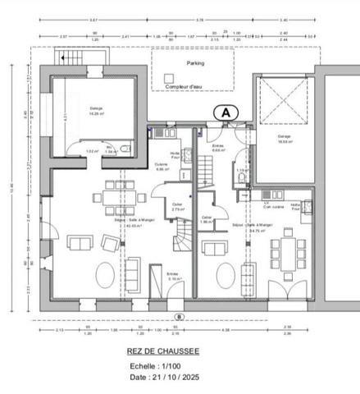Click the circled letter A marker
coord(225,111)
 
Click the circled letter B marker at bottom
coord(178,315)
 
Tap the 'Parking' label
coord(194,62)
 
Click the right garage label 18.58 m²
coord(285,139)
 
